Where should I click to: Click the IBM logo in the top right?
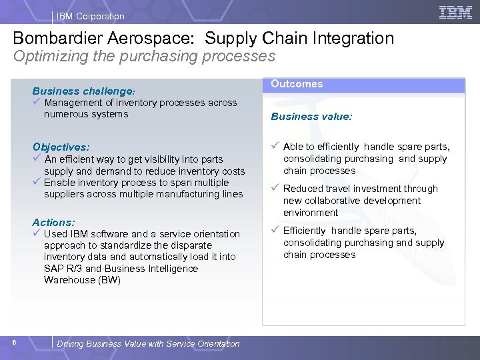point(456,13)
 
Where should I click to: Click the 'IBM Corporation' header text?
point(91,16)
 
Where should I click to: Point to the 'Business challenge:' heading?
point(84,91)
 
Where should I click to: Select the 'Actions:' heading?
point(53,222)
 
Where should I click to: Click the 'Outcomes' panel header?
point(297,84)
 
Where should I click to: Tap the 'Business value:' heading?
point(311,116)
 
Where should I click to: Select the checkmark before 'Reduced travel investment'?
point(275,189)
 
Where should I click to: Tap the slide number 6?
point(14,343)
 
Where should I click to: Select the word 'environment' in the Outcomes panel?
point(311,213)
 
